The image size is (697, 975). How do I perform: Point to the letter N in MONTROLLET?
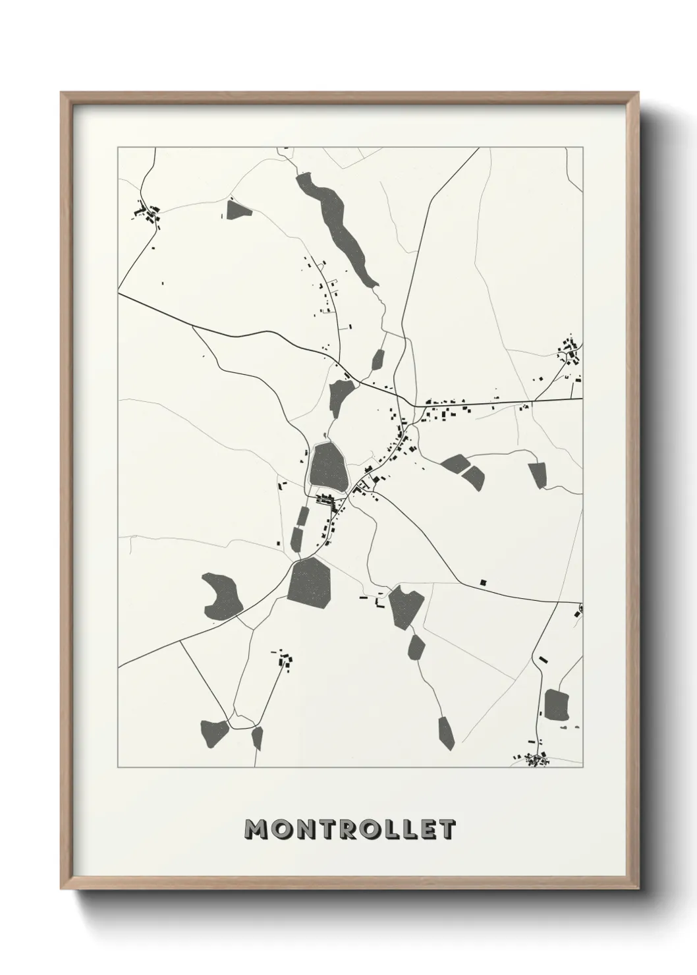pos(300,830)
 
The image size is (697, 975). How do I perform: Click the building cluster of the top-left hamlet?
pos(148,213)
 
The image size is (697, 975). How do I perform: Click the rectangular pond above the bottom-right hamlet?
pos(557,705)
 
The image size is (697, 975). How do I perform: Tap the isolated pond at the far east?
pos(538,475)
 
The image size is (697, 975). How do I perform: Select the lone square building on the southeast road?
pos(484,582)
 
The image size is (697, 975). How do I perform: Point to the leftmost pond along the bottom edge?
pos(214,730)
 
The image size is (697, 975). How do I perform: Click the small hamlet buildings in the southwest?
pos(284,659)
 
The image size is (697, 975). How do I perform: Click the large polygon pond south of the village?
pos(310,580)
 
